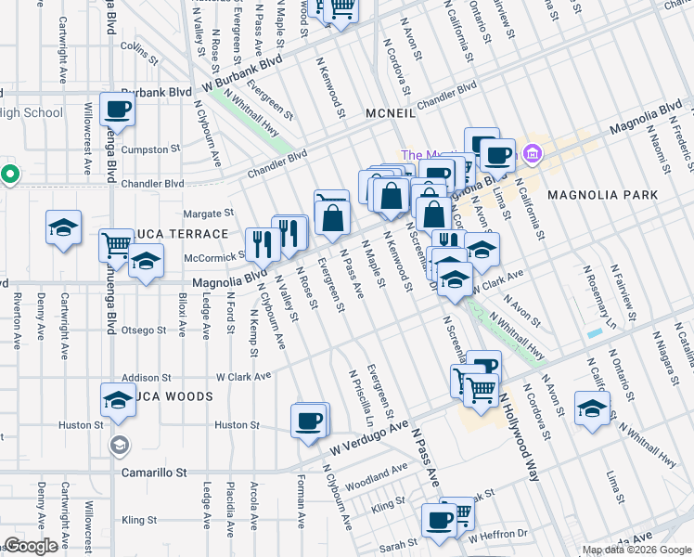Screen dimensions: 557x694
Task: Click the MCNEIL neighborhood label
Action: tap(397, 110)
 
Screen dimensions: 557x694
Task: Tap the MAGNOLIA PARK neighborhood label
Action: tap(602, 195)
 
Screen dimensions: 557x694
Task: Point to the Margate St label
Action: tap(208, 213)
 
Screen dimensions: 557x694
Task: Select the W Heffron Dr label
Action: tap(497, 535)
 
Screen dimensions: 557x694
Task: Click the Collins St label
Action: tap(140, 50)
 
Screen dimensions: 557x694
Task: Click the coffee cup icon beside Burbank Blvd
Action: tap(118, 110)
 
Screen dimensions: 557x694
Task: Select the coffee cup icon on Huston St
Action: tap(309, 421)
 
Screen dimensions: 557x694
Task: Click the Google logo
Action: tap(31, 546)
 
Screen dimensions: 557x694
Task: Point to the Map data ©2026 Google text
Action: tap(636, 550)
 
